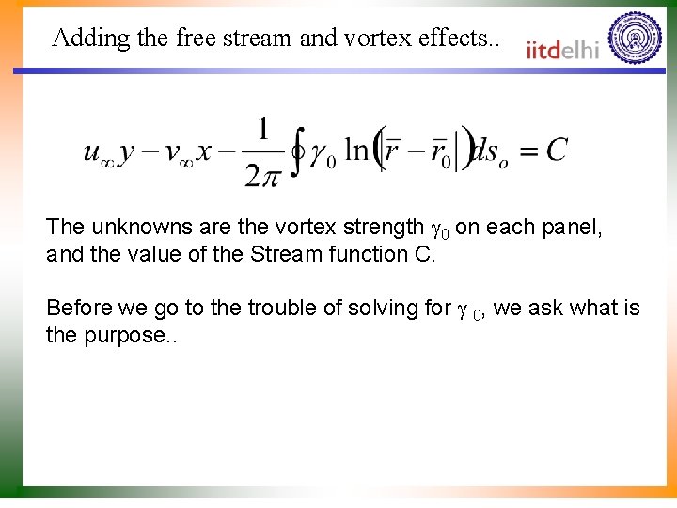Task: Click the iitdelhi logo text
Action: (562, 49)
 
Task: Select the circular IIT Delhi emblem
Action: (635, 39)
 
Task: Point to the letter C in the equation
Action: (557, 151)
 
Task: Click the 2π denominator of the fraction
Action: (262, 175)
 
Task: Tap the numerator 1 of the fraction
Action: (262, 128)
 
